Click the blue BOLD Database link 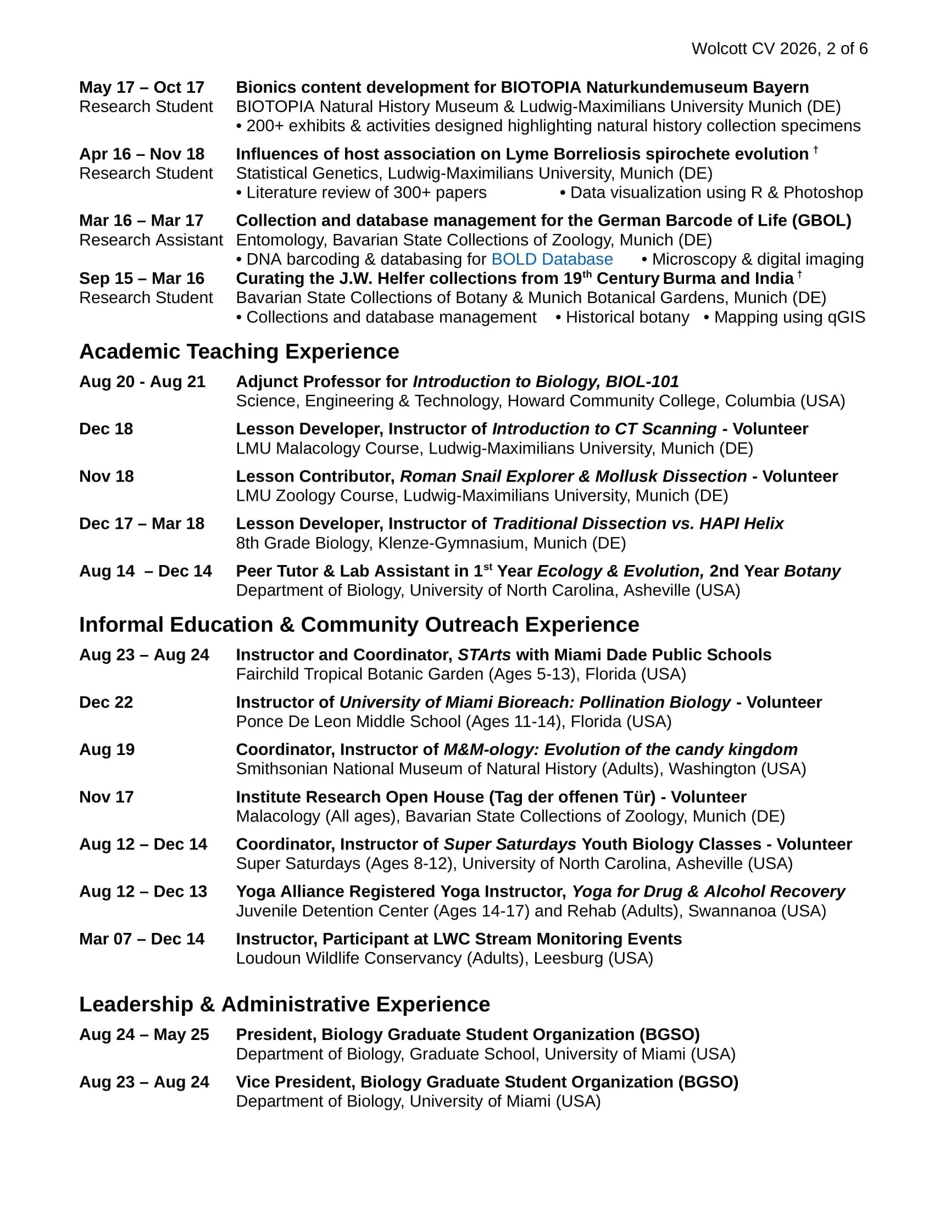pos(552,259)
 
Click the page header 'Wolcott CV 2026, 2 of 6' pos(779,49)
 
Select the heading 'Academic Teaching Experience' pos(239,352)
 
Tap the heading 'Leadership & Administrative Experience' pos(285,1004)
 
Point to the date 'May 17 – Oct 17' pos(142,87)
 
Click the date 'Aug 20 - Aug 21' pos(142,382)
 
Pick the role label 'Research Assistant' pos(151,240)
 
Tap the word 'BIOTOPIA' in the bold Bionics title pos(541,87)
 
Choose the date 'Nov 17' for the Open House pos(106,797)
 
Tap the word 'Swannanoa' pos(731,911)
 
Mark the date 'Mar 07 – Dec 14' pos(142,939)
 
